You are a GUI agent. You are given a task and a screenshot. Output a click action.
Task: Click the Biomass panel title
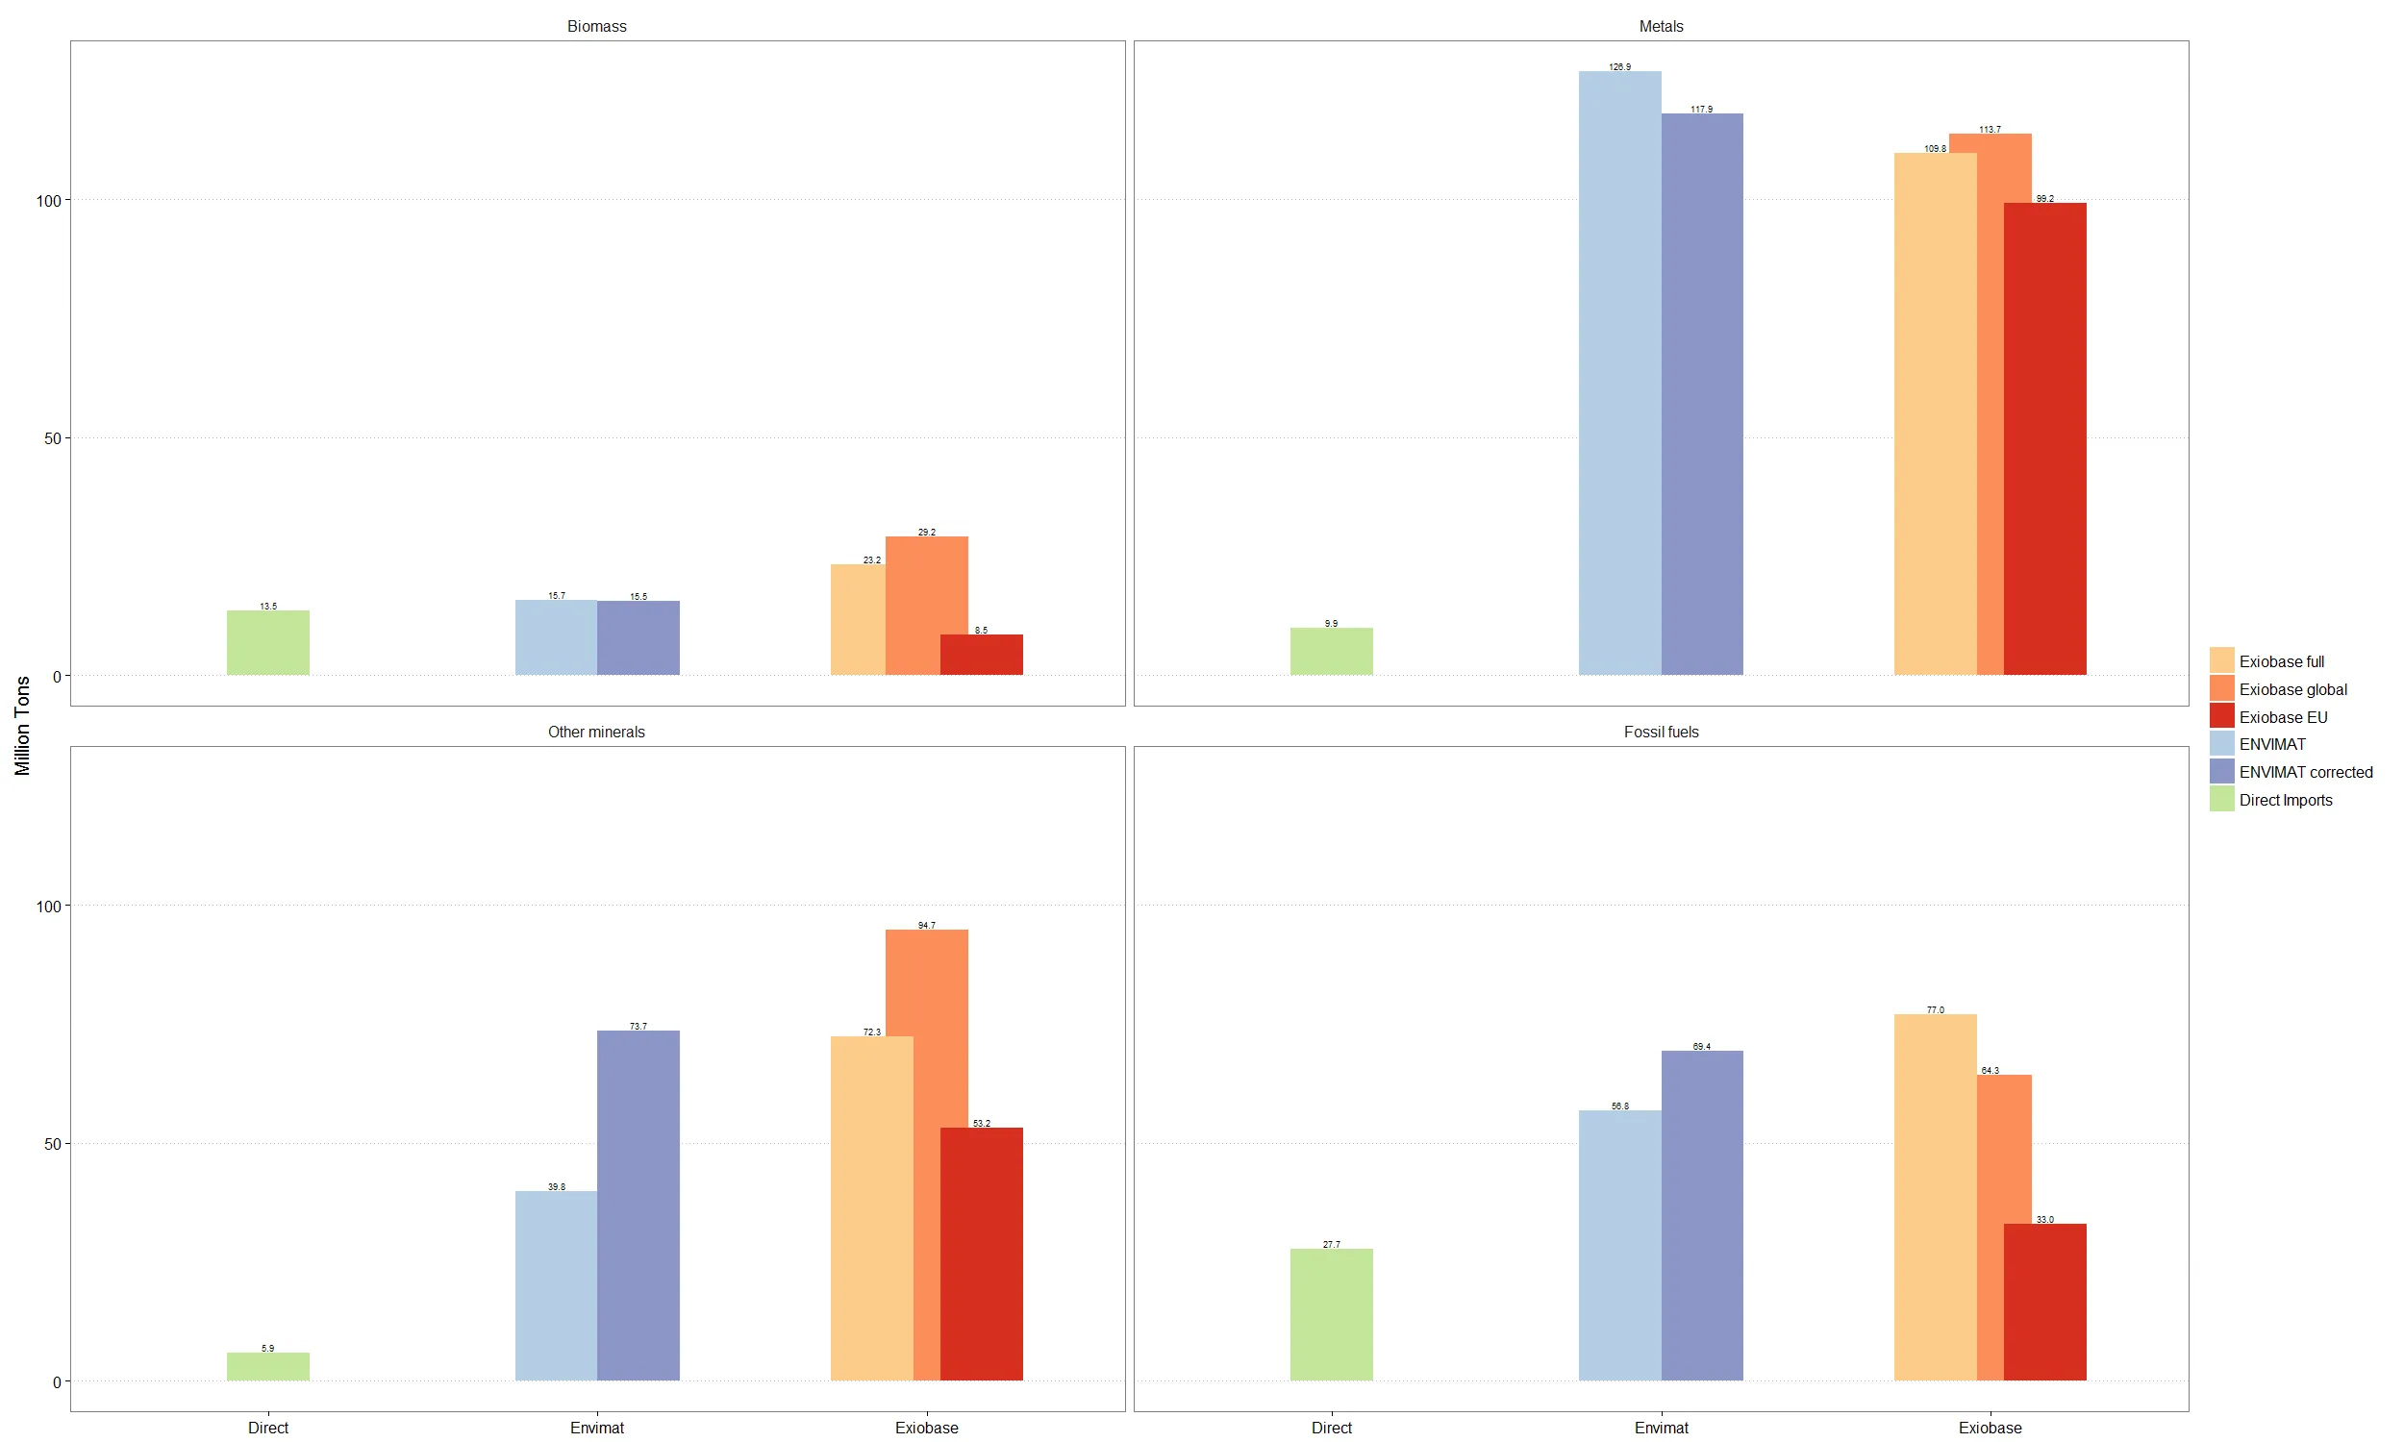pyautogui.click(x=596, y=26)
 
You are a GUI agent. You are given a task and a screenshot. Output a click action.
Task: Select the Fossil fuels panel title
pyautogui.click(x=1661, y=732)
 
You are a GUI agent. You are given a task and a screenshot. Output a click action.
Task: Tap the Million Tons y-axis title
pyautogui.click(x=22, y=725)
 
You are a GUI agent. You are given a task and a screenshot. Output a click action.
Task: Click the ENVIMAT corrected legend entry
pyautogui.click(x=2305, y=773)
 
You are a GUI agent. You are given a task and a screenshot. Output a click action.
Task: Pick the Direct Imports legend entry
pyautogui.click(x=2285, y=800)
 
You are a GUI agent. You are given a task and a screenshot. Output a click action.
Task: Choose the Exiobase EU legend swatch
pyautogui.click(x=2221, y=717)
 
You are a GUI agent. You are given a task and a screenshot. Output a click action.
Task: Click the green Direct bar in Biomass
pyautogui.click(x=268, y=642)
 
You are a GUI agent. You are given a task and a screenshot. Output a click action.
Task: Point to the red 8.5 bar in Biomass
pyautogui.click(x=981, y=654)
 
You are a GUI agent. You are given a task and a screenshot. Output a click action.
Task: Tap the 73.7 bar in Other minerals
pyautogui.click(x=639, y=1205)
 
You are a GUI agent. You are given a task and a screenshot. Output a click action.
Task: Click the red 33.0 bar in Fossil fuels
pyautogui.click(x=2044, y=1301)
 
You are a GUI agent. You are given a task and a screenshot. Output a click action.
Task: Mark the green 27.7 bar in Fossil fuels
pyautogui.click(x=1331, y=1314)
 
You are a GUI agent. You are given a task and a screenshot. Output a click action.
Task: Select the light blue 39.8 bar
pyautogui.click(x=556, y=1285)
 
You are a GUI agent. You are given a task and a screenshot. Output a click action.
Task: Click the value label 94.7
pyautogui.click(x=927, y=925)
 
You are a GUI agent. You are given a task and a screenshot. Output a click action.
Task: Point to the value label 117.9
pyautogui.click(x=1701, y=109)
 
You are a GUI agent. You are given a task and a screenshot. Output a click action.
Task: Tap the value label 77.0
pyautogui.click(x=1935, y=1009)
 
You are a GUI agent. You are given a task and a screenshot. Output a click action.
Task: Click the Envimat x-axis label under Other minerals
pyautogui.click(x=596, y=1428)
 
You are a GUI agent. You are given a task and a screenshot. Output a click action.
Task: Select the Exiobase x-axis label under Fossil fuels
pyautogui.click(x=1990, y=1428)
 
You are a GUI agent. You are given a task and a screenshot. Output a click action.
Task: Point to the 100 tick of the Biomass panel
pyautogui.click(x=48, y=201)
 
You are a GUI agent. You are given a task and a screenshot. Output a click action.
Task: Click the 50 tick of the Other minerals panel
pyautogui.click(x=52, y=1144)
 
